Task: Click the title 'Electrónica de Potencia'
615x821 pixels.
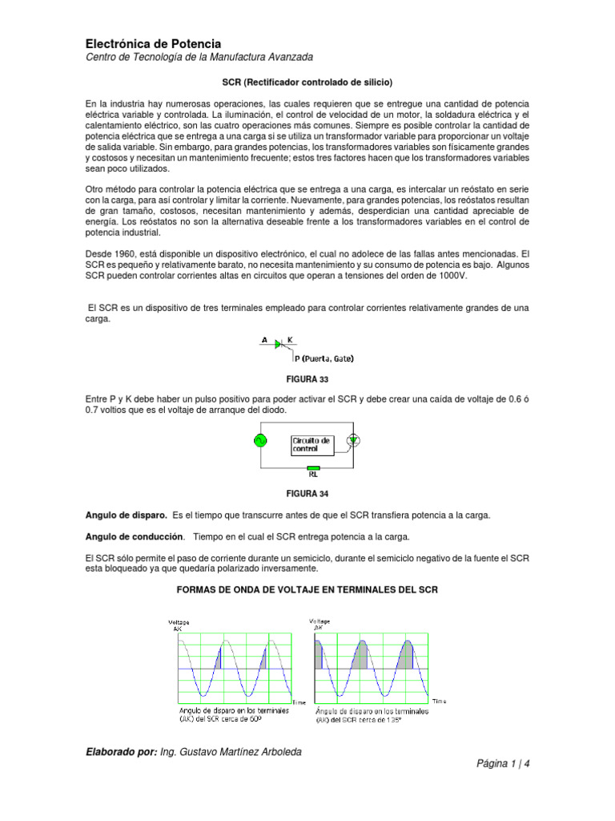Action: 153,43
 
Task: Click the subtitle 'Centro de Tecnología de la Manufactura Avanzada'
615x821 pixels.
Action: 199,58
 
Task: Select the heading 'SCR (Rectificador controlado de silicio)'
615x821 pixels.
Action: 307,82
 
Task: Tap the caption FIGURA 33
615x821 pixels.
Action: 307,379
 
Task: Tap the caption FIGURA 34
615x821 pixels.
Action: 307,493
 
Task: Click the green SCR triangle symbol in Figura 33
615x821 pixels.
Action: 278,344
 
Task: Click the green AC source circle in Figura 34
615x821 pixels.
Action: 260,440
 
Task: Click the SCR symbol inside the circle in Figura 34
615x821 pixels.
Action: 352,439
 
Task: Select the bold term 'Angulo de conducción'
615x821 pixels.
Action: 134,536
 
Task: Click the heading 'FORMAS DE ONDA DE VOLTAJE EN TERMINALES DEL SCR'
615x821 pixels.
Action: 307,590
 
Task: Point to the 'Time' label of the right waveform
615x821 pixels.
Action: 439,701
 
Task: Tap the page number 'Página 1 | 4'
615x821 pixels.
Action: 503,763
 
